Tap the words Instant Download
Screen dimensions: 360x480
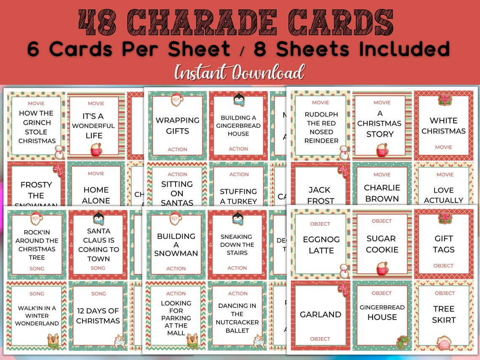[x=239, y=73]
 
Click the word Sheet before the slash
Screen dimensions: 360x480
[x=199, y=49]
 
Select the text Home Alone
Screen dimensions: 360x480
[x=96, y=195]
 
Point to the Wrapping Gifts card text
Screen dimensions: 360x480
[x=177, y=125]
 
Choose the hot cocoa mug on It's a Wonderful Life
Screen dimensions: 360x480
[x=96, y=149]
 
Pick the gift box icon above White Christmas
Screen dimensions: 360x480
[x=444, y=100]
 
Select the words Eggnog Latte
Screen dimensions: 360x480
[x=321, y=245]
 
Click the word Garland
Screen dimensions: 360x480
[x=320, y=315]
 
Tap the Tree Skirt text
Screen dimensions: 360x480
[x=444, y=314]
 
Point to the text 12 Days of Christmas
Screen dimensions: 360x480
[x=98, y=316]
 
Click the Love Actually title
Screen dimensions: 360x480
[x=443, y=195]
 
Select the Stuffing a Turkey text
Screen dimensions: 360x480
[x=238, y=196]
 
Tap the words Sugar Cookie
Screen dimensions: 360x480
[x=382, y=244]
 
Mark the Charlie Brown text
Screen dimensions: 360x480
[x=381, y=193]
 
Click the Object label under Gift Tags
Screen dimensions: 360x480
[x=443, y=266]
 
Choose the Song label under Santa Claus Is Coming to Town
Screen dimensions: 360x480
[x=98, y=268]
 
